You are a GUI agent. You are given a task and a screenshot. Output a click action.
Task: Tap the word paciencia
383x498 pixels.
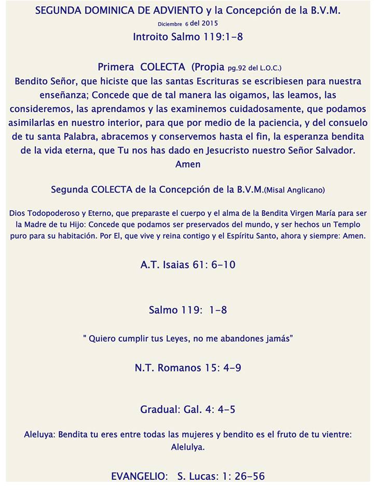click(x=297, y=123)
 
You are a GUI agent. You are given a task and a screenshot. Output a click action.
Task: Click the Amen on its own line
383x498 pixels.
click(x=188, y=164)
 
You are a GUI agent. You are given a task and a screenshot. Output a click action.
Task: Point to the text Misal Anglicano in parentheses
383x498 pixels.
click(x=294, y=190)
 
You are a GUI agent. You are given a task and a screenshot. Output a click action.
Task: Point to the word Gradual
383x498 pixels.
click(x=160, y=410)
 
